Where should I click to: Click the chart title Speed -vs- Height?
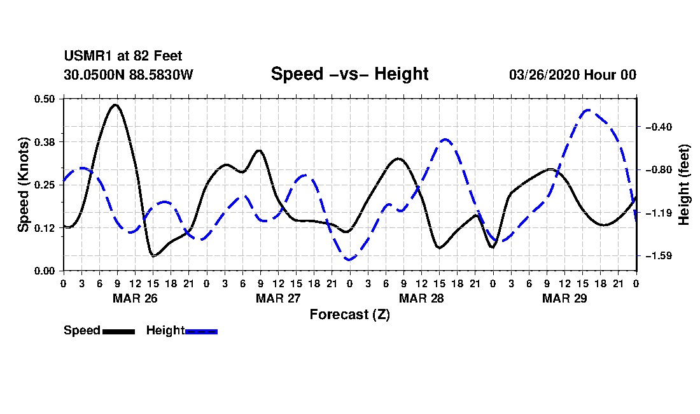pos(349,74)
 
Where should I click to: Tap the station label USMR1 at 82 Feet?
pos(123,57)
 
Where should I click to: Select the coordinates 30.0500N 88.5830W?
pos(128,75)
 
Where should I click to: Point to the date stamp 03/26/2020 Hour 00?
pos(572,75)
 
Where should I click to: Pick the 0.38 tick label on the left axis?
pos(46,141)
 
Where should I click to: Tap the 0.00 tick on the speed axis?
pos(46,271)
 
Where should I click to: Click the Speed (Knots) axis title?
pos(24,184)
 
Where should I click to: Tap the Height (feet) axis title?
pos(685,185)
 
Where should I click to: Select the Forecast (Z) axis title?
pos(349,314)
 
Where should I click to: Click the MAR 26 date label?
pos(135,298)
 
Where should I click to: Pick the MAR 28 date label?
pos(421,298)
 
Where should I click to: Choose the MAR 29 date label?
pos(564,298)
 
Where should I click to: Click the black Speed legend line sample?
pos(118,331)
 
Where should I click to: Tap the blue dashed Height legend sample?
pos(201,331)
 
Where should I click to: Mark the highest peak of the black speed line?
pos(115,104)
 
